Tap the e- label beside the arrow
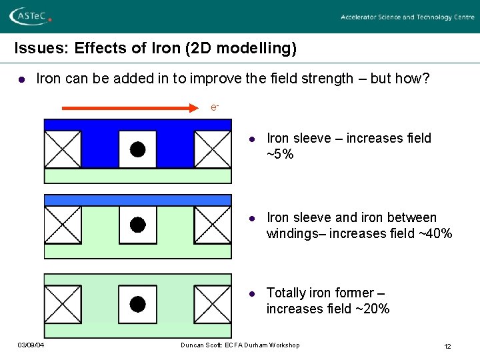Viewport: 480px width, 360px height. pyautogui.click(x=215, y=107)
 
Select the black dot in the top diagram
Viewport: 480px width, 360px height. pyautogui.click(x=137, y=149)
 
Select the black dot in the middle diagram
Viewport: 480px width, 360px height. pyautogui.click(x=137, y=225)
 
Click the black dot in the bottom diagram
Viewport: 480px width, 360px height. pyautogui.click(x=137, y=304)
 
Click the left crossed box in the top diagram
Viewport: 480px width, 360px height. pyautogui.click(x=62, y=149)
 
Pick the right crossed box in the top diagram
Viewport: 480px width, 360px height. pyautogui.click(x=213, y=149)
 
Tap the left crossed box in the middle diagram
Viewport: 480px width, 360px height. pyautogui.click(x=62, y=225)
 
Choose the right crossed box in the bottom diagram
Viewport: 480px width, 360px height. pyautogui.click(x=213, y=304)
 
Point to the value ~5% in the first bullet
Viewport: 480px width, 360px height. pyautogui.click(x=280, y=155)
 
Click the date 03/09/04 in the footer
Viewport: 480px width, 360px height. pyautogui.click(x=31, y=345)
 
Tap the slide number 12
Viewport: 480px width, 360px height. pyautogui.click(x=447, y=346)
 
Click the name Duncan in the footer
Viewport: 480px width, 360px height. pyautogui.click(x=194, y=345)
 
